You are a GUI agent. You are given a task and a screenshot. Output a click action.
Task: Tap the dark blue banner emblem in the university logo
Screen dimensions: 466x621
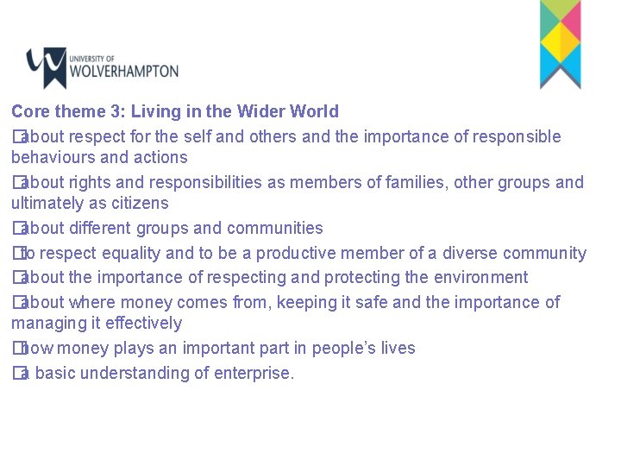point(47,66)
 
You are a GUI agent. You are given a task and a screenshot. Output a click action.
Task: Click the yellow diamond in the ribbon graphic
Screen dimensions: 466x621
point(560,40)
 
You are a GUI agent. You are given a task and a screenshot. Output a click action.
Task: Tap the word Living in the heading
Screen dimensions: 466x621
point(180,111)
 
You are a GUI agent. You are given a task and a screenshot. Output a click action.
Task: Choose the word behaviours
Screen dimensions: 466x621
point(53,157)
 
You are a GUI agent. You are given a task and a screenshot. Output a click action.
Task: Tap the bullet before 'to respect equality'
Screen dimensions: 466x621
point(16,253)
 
